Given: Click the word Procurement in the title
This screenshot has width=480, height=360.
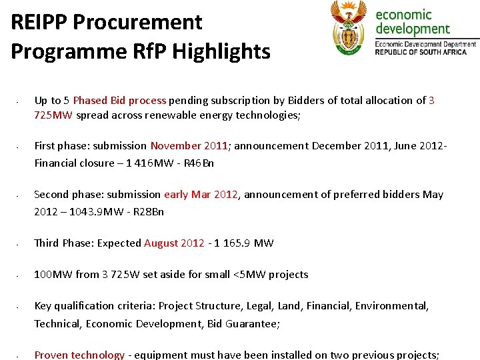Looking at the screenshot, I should [x=137, y=22].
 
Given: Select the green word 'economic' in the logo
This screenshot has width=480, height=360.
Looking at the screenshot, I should [x=404, y=14].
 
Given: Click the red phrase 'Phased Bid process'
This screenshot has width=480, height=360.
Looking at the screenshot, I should [x=119, y=101].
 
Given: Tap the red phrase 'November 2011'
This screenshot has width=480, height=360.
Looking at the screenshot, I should [x=189, y=145].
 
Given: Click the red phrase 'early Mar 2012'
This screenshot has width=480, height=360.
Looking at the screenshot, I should [x=201, y=195].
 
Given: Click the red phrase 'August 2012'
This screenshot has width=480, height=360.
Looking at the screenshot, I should [x=174, y=243].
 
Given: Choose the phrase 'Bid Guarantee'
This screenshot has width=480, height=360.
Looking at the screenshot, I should [x=245, y=323].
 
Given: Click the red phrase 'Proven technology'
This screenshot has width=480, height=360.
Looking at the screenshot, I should [x=79, y=355].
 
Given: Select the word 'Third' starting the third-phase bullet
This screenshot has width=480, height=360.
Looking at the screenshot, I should [x=47, y=243].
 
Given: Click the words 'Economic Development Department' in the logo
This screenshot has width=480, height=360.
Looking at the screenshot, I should [x=425, y=44].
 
